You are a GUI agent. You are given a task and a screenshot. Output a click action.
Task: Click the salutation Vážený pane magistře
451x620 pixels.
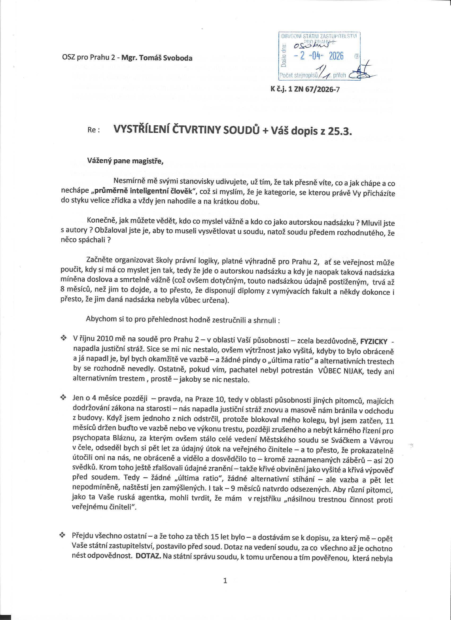[x=125, y=161]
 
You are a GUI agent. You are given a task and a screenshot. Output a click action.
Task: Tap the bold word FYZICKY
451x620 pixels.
[x=374, y=342]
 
